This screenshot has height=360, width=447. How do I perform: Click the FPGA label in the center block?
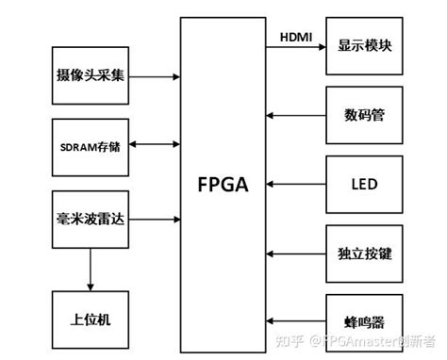point(223,185)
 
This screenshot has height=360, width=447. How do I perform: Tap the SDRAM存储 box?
point(91,145)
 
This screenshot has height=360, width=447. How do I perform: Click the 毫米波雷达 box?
point(91,219)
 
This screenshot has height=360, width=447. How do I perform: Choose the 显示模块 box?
point(364,45)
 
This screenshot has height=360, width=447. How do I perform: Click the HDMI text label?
point(298,35)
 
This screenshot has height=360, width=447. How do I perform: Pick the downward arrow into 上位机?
point(91,270)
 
